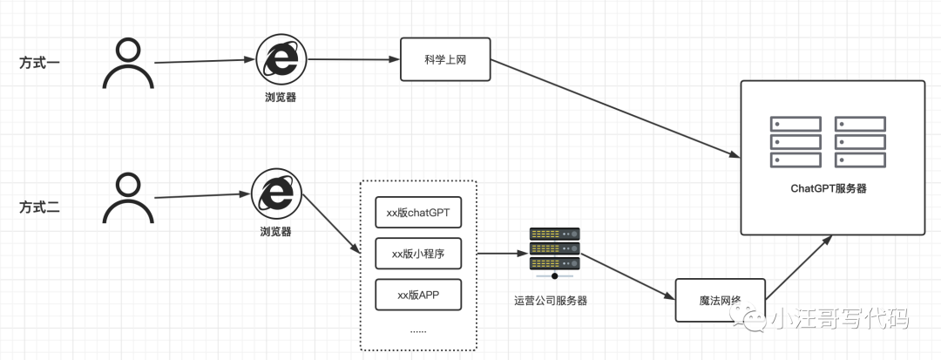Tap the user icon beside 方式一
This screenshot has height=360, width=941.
128,64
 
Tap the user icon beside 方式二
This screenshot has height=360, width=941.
128,198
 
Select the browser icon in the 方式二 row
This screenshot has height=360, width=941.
275,194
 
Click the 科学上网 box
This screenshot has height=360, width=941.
445,59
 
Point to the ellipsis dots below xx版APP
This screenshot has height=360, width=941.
418,330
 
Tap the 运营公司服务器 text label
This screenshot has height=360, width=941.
551,301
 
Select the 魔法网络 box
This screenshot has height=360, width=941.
721,301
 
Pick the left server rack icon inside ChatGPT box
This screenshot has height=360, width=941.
795,142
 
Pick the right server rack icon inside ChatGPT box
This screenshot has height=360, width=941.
860,142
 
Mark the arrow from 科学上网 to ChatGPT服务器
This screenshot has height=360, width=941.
610,109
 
